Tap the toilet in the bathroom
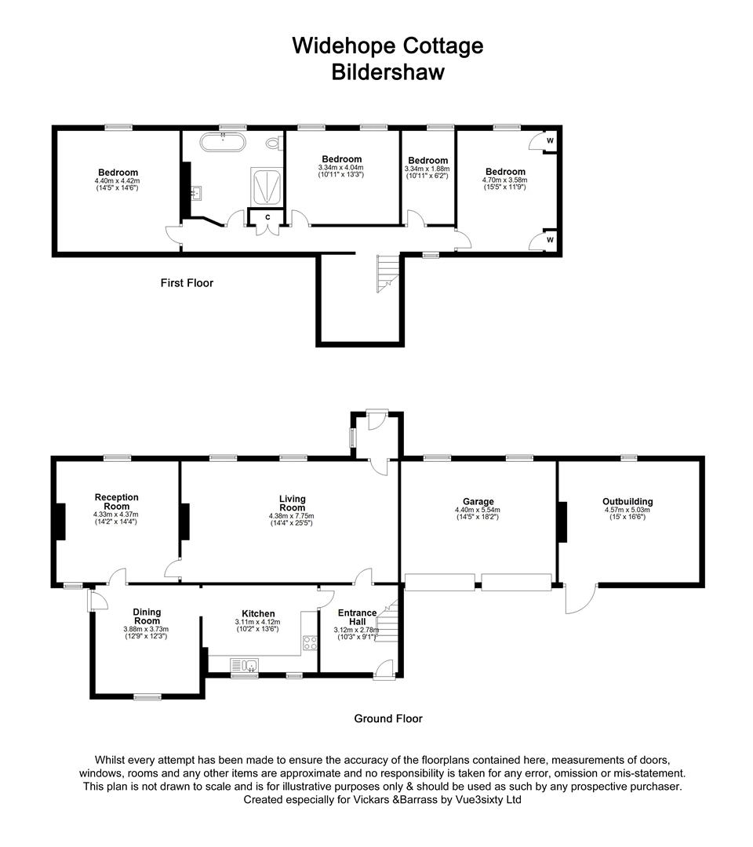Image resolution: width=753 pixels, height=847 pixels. pyautogui.click(x=273, y=143)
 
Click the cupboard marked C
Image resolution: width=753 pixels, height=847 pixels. pyautogui.click(x=267, y=216)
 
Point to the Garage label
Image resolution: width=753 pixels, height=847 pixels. pyautogui.click(x=478, y=502)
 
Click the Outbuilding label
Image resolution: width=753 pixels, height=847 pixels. pyautogui.click(x=627, y=502)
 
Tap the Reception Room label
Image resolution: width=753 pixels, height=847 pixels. pyautogui.click(x=116, y=502)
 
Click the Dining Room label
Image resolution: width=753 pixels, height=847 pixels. pyautogui.click(x=146, y=616)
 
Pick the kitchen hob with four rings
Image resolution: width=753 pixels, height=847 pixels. pyautogui.click(x=309, y=643)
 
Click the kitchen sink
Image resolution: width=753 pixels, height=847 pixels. pyautogui.click(x=246, y=667)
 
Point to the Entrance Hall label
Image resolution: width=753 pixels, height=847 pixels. pyautogui.click(x=357, y=617)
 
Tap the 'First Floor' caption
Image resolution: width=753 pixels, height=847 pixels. pyautogui.click(x=187, y=283)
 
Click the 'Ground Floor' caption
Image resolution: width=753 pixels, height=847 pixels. pyautogui.click(x=387, y=718)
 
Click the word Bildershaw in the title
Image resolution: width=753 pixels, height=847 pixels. pyautogui.click(x=387, y=72)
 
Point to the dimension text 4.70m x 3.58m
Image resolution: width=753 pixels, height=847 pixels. pyautogui.click(x=504, y=180)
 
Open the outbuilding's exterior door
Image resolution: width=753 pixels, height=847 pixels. pyautogui.click(x=578, y=600)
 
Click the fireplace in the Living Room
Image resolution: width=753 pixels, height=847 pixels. pyautogui.click(x=185, y=522)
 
